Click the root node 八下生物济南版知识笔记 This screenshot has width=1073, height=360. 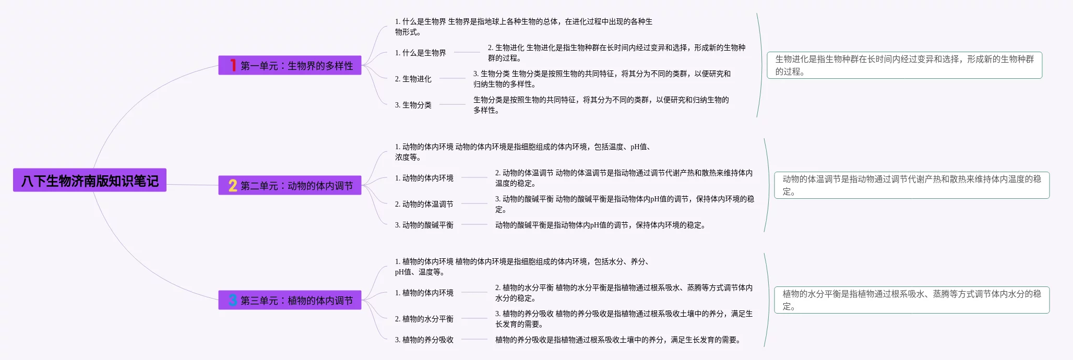point(90,181)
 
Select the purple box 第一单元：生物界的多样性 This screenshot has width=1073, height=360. point(290,66)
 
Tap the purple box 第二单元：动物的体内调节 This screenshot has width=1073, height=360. point(290,186)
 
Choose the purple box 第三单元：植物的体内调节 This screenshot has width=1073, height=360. point(290,301)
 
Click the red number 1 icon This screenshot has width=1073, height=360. point(233,65)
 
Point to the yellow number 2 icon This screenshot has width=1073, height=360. point(233,186)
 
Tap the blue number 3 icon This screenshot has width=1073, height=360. point(233,300)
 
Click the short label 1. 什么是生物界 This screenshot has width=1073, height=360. point(420,53)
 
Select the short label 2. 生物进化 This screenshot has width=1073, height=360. point(413,79)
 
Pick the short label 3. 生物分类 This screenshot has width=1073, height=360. point(413,105)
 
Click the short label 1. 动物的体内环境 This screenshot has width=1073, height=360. point(424,178)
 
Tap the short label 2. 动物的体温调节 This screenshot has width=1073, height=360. point(424,204)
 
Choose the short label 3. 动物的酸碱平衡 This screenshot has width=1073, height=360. point(424,225)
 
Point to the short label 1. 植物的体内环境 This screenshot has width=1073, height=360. point(424,293)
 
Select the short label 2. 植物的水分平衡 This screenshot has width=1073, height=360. point(424,319)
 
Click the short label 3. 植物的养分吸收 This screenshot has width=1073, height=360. point(424,340)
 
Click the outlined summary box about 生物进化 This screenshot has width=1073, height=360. point(904,65)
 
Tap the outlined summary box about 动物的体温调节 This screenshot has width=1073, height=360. point(911,185)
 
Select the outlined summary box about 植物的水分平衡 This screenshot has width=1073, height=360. point(911,300)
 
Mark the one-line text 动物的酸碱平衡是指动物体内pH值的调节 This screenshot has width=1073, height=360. point(600,225)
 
